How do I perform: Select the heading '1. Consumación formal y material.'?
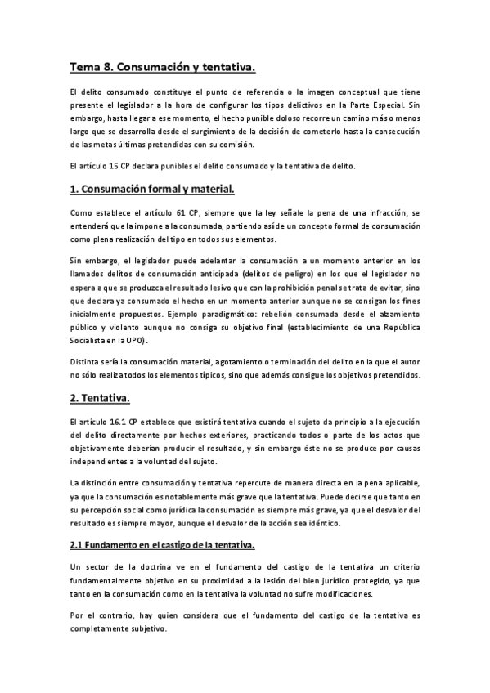152,190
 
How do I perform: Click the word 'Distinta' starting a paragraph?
85,362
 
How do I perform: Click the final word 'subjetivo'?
146,630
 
